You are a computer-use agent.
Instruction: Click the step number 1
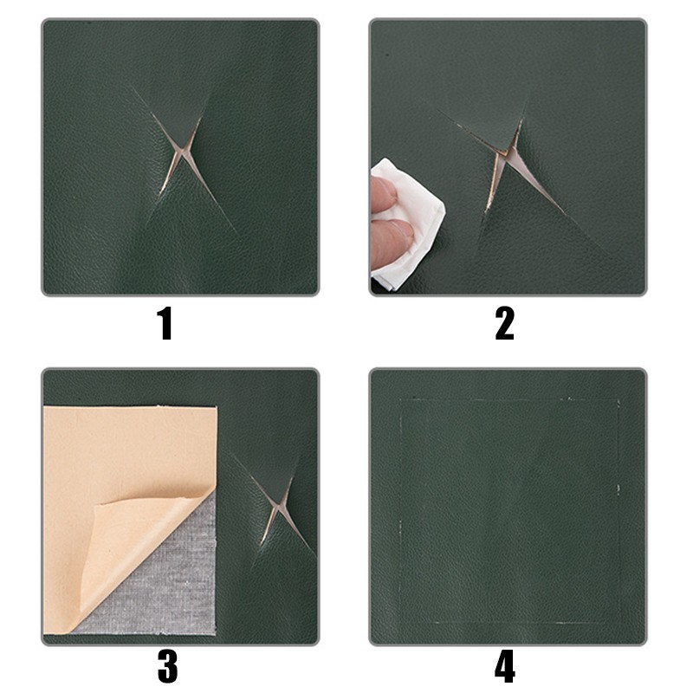coord(165,324)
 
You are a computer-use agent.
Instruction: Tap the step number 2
coord(505,324)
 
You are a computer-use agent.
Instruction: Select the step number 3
coord(167,667)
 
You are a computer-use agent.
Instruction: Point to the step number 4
coord(504,667)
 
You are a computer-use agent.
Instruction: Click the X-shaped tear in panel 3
coord(277,505)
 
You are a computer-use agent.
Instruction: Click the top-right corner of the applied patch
coord(619,400)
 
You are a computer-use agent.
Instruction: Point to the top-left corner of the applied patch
coord(400,400)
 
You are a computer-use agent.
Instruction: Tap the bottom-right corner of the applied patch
coord(619,623)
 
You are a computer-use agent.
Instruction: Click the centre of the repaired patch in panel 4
coord(509,511)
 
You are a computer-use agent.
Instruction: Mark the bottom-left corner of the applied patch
coord(400,623)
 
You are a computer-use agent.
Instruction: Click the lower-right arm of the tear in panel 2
coord(539,185)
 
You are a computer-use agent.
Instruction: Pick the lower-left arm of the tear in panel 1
coord(168,177)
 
